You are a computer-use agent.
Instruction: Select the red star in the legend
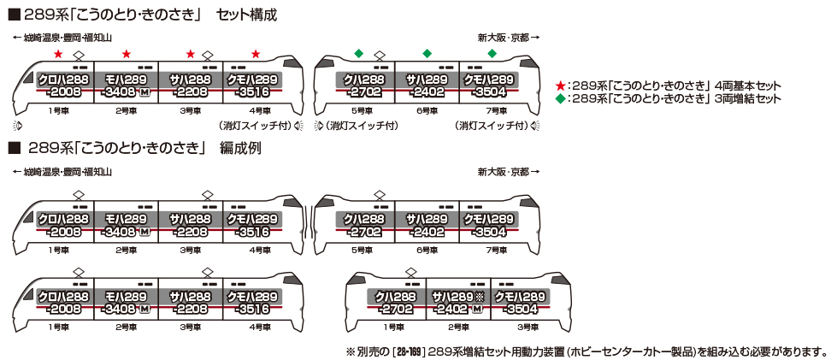560,86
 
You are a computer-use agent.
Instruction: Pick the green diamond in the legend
560,98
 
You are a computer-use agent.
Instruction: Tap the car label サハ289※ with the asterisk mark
458,296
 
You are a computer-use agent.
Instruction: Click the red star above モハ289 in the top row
126,55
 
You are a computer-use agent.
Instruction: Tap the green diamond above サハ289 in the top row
427,55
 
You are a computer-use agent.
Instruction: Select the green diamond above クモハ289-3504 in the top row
492,55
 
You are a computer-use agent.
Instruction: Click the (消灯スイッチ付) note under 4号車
255,126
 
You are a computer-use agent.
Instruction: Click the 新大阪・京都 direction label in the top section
506,38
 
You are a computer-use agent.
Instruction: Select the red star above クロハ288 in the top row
58,55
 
